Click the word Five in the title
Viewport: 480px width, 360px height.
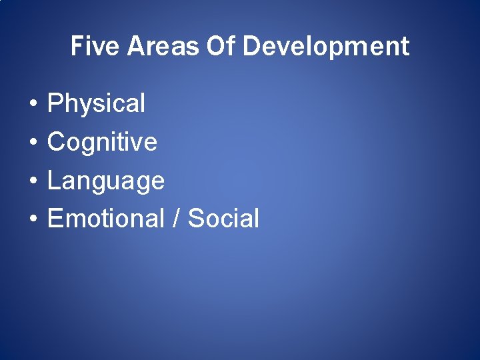coord(95,47)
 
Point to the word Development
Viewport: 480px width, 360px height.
coord(326,47)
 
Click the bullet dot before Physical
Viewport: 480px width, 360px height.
coord(32,105)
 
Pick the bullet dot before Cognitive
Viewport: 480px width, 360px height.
coord(32,143)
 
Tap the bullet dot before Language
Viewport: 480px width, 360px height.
coord(32,181)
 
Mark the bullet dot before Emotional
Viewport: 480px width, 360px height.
coord(32,219)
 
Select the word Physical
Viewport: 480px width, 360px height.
coord(96,104)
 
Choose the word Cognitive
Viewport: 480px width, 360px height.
coord(102,142)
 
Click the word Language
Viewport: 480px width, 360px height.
coord(105,181)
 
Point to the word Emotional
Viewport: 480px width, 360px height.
coord(105,219)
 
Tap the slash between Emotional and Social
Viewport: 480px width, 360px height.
coord(176,219)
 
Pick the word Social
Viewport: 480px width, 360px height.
coord(223,219)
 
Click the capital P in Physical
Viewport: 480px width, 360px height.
coord(55,104)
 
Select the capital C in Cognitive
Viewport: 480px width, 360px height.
coord(56,142)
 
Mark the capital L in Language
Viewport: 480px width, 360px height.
coord(53,180)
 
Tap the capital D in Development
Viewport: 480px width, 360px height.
coord(251,47)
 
